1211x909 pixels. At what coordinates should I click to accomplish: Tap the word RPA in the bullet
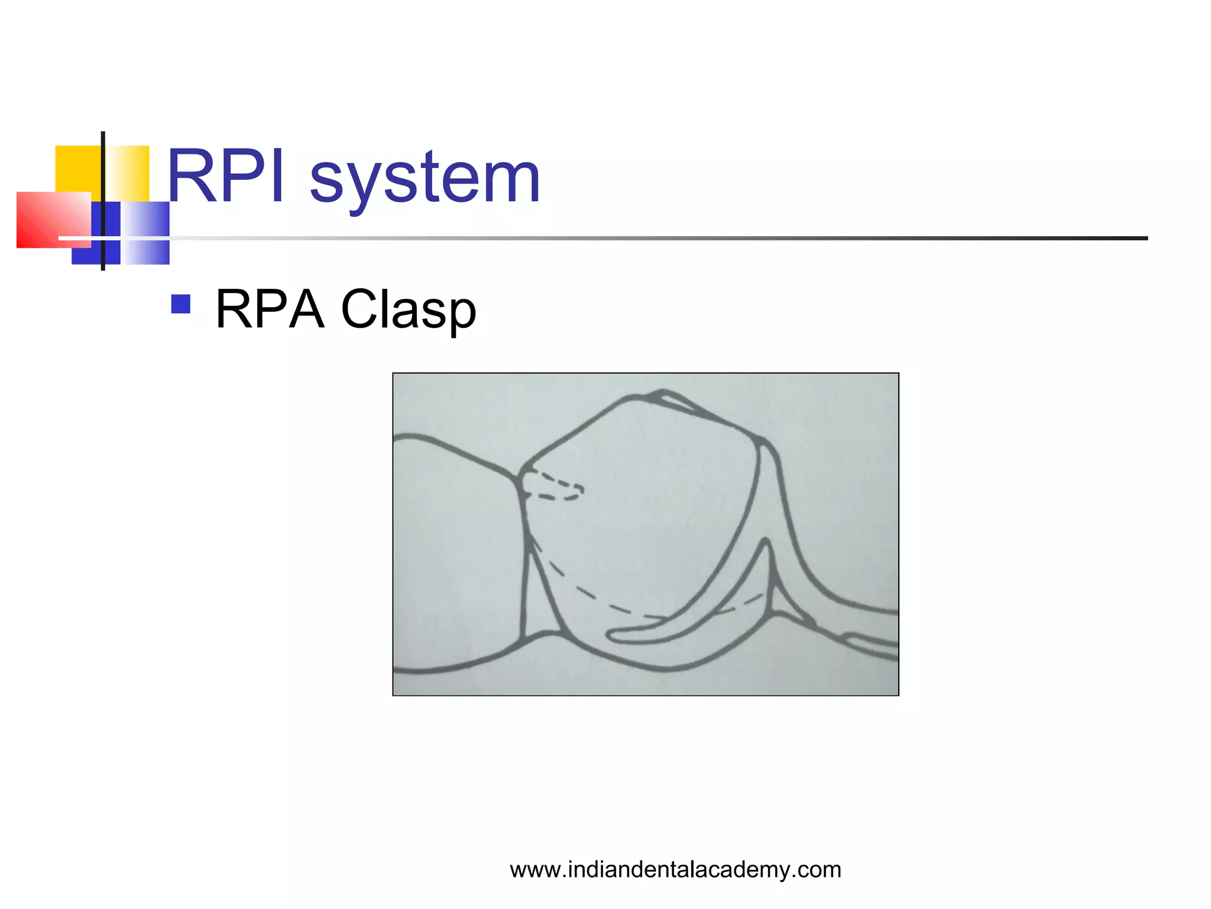coord(270,309)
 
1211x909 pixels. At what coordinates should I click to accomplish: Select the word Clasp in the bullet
coord(409,310)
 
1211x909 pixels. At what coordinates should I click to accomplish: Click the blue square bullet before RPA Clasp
coord(180,304)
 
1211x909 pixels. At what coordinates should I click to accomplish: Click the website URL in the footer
coord(675,870)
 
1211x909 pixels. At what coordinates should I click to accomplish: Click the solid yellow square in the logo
coord(77,169)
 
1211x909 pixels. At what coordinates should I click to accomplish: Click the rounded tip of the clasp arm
coord(615,636)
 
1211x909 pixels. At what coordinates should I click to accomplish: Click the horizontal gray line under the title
coord(650,238)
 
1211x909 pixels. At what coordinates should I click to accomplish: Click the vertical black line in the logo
coord(103,178)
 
